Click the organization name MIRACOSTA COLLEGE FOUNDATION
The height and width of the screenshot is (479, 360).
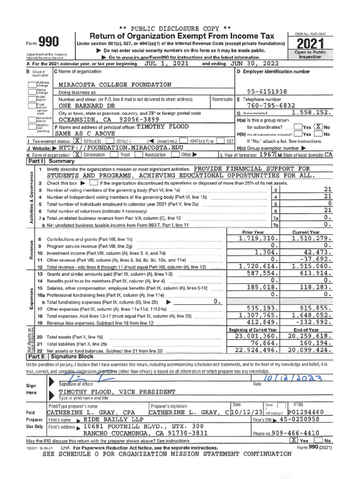click(x=115, y=85)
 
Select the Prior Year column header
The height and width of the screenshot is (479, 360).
click(x=253, y=232)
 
